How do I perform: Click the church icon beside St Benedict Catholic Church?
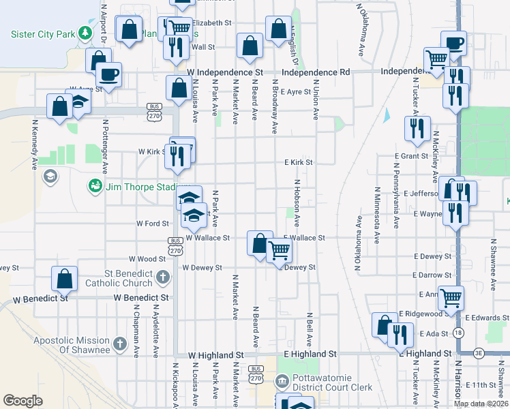pyautogui.click(x=162, y=277)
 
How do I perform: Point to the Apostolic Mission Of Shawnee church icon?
pyautogui.click(x=120, y=344)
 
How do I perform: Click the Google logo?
pyautogui.click(x=22, y=401)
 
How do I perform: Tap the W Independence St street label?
pyautogui.click(x=224, y=72)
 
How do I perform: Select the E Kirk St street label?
pyautogui.click(x=299, y=162)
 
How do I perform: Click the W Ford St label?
pyautogui.click(x=152, y=223)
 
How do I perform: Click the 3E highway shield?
pyautogui.click(x=479, y=353)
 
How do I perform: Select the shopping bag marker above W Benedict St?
pyautogui.click(x=64, y=279)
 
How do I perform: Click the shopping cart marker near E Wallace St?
pyautogui.click(x=279, y=252)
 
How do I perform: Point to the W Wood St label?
pyautogui.click(x=147, y=259)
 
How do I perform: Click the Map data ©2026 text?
pyautogui.click(x=481, y=404)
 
